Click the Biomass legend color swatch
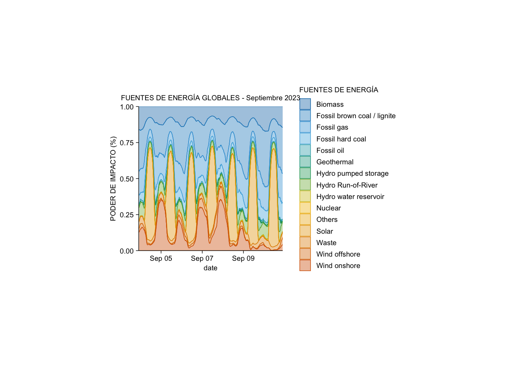305,104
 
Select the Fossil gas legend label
332,127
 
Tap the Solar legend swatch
305,231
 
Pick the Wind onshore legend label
338,266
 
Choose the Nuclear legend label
328,208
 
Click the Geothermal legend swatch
305,162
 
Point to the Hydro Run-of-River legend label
347,185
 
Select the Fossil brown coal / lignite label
356,116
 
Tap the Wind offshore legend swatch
305,254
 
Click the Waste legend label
326,243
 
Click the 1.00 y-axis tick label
127,107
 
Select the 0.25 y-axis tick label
127,215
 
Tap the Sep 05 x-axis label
161,258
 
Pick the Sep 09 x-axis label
243,258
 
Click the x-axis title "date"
210,268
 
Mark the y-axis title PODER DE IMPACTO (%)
113,178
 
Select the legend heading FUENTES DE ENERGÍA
339,90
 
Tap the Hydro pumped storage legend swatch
305,173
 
